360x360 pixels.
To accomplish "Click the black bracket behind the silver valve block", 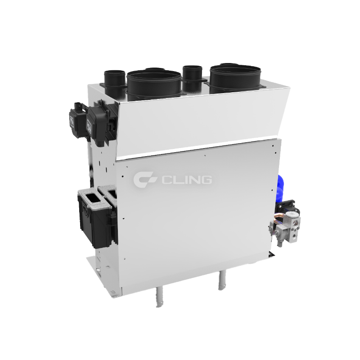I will point(288,207).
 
